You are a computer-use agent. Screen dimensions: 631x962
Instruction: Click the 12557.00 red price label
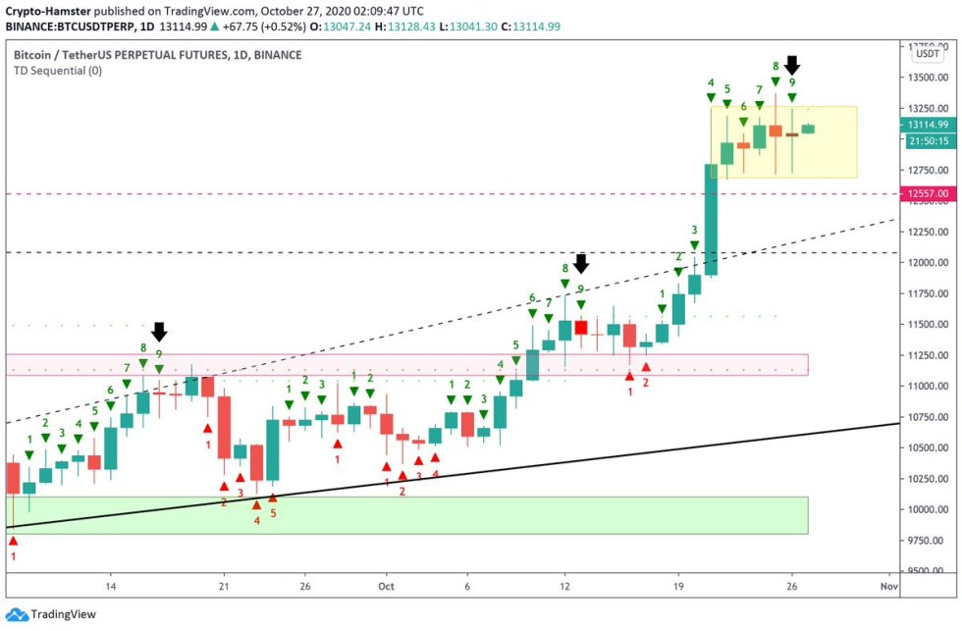tap(928, 194)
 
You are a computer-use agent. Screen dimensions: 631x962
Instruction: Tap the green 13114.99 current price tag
tap(928, 125)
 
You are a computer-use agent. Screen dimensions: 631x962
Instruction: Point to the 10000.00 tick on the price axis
tap(927, 509)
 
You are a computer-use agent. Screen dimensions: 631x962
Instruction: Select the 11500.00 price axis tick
tap(927, 325)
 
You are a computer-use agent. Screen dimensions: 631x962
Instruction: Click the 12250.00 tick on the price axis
tap(927, 232)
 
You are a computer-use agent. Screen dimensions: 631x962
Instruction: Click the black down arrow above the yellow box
tap(792, 66)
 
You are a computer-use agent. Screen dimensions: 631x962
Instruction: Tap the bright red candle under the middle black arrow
tap(580, 328)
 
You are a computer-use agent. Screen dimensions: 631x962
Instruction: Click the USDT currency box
tap(928, 56)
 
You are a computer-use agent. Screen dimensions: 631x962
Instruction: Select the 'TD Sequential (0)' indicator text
tap(57, 71)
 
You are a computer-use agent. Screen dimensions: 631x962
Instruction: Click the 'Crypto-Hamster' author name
tap(47, 8)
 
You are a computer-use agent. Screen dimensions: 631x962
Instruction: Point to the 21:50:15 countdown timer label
tap(928, 141)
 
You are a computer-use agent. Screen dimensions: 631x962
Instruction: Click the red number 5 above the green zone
tap(273, 512)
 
